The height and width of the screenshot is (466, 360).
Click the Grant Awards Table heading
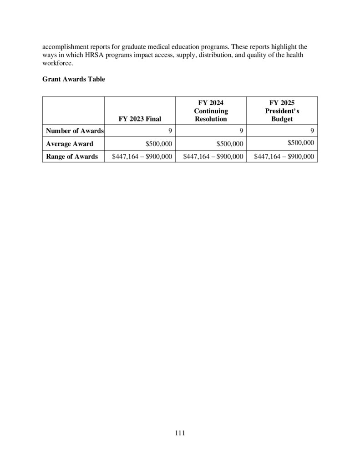[x=74, y=79]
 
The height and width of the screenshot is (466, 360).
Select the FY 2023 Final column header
[x=140, y=119]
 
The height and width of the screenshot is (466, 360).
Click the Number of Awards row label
[x=75, y=131]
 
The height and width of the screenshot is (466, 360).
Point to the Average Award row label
[x=70, y=144]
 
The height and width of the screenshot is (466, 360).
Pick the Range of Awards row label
[x=72, y=157]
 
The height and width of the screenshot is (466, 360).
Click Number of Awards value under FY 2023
[x=169, y=131]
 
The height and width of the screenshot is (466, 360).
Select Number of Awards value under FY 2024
[x=241, y=131]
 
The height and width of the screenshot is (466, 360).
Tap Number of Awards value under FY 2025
[x=312, y=131]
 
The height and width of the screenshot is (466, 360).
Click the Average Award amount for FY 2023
[x=158, y=144]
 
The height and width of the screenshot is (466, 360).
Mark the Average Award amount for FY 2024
[x=229, y=144]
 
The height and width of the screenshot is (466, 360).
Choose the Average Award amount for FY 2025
[x=301, y=142]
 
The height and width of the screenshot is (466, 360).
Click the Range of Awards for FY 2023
[x=142, y=157]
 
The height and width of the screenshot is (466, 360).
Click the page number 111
[x=180, y=433]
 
